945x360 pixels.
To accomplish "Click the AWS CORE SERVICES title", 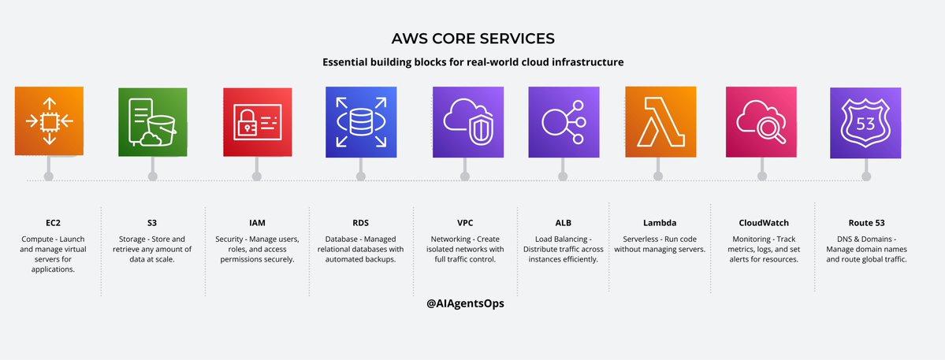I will click(x=472, y=39).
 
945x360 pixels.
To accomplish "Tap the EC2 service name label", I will click(x=49, y=223).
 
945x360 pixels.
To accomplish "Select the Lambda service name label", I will click(x=660, y=223).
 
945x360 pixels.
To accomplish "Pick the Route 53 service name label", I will click(x=865, y=223).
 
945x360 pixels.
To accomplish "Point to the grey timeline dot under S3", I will click(x=152, y=176).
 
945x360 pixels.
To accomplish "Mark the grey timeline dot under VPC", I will click(x=465, y=176).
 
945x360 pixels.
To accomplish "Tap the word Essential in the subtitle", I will click(x=348, y=62).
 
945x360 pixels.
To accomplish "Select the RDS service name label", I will click(x=360, y=223).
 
